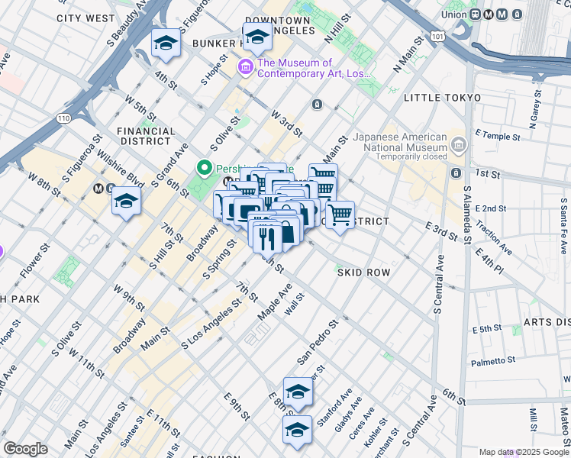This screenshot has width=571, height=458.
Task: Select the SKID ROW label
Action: point(363,273)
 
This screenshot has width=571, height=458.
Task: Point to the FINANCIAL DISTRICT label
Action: point(144,136)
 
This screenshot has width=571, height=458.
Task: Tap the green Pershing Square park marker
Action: point(205,167)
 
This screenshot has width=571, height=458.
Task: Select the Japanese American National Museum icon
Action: point(457,143)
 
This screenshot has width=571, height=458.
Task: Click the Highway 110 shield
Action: point(63,118)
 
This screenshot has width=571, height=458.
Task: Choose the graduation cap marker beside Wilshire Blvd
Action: point(126,202)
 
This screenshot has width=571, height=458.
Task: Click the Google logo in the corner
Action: point(26,448)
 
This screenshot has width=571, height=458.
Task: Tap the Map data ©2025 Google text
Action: point(524,452)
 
